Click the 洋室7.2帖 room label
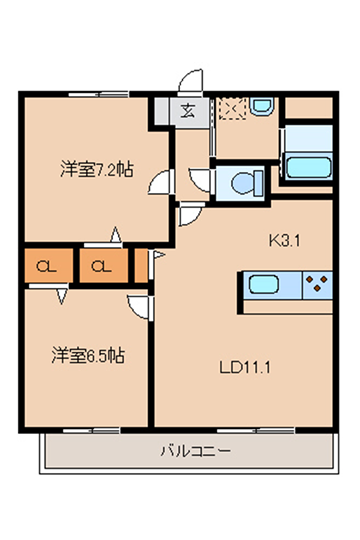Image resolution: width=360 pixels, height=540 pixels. (97, 169)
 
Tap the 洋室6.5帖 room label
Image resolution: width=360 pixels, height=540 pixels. (88, 355)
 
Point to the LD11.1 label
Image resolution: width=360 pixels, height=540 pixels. (245, 368)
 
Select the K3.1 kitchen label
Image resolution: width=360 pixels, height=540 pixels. (285, 241)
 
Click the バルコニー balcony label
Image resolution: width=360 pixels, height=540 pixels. (196, 451)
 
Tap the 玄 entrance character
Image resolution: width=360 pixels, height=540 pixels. (187, 111)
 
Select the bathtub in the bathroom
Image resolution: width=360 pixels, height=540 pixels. (308, 167)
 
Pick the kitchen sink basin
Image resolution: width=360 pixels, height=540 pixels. (264, 284)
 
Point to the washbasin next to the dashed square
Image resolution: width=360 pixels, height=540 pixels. (262, 106)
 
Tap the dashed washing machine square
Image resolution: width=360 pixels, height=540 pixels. (232, 108)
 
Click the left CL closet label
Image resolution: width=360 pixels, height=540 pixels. (47, 266)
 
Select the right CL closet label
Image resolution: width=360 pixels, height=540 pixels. (101, 266)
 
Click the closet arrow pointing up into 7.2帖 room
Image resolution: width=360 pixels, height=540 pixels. (116, 235)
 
